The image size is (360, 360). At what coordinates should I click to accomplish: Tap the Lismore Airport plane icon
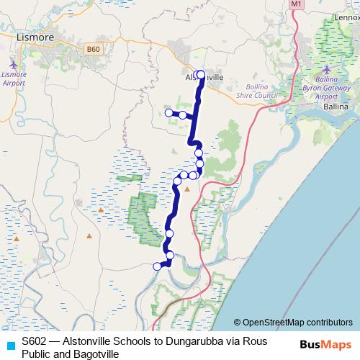(x=14, y=63)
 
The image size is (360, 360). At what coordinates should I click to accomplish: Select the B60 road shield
(x=91, y=49)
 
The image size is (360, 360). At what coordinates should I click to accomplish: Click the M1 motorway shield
(x=297, y=4)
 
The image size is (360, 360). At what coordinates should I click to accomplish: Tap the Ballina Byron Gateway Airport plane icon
(x=327, y=70)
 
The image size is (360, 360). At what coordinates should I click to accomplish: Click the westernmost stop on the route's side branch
(x=169, y=113)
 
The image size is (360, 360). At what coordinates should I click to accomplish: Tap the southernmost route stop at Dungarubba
(x=157, y=266)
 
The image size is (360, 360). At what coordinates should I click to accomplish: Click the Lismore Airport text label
(x=14, y=78)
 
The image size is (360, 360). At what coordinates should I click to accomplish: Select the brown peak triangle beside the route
(x=187, y=189)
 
